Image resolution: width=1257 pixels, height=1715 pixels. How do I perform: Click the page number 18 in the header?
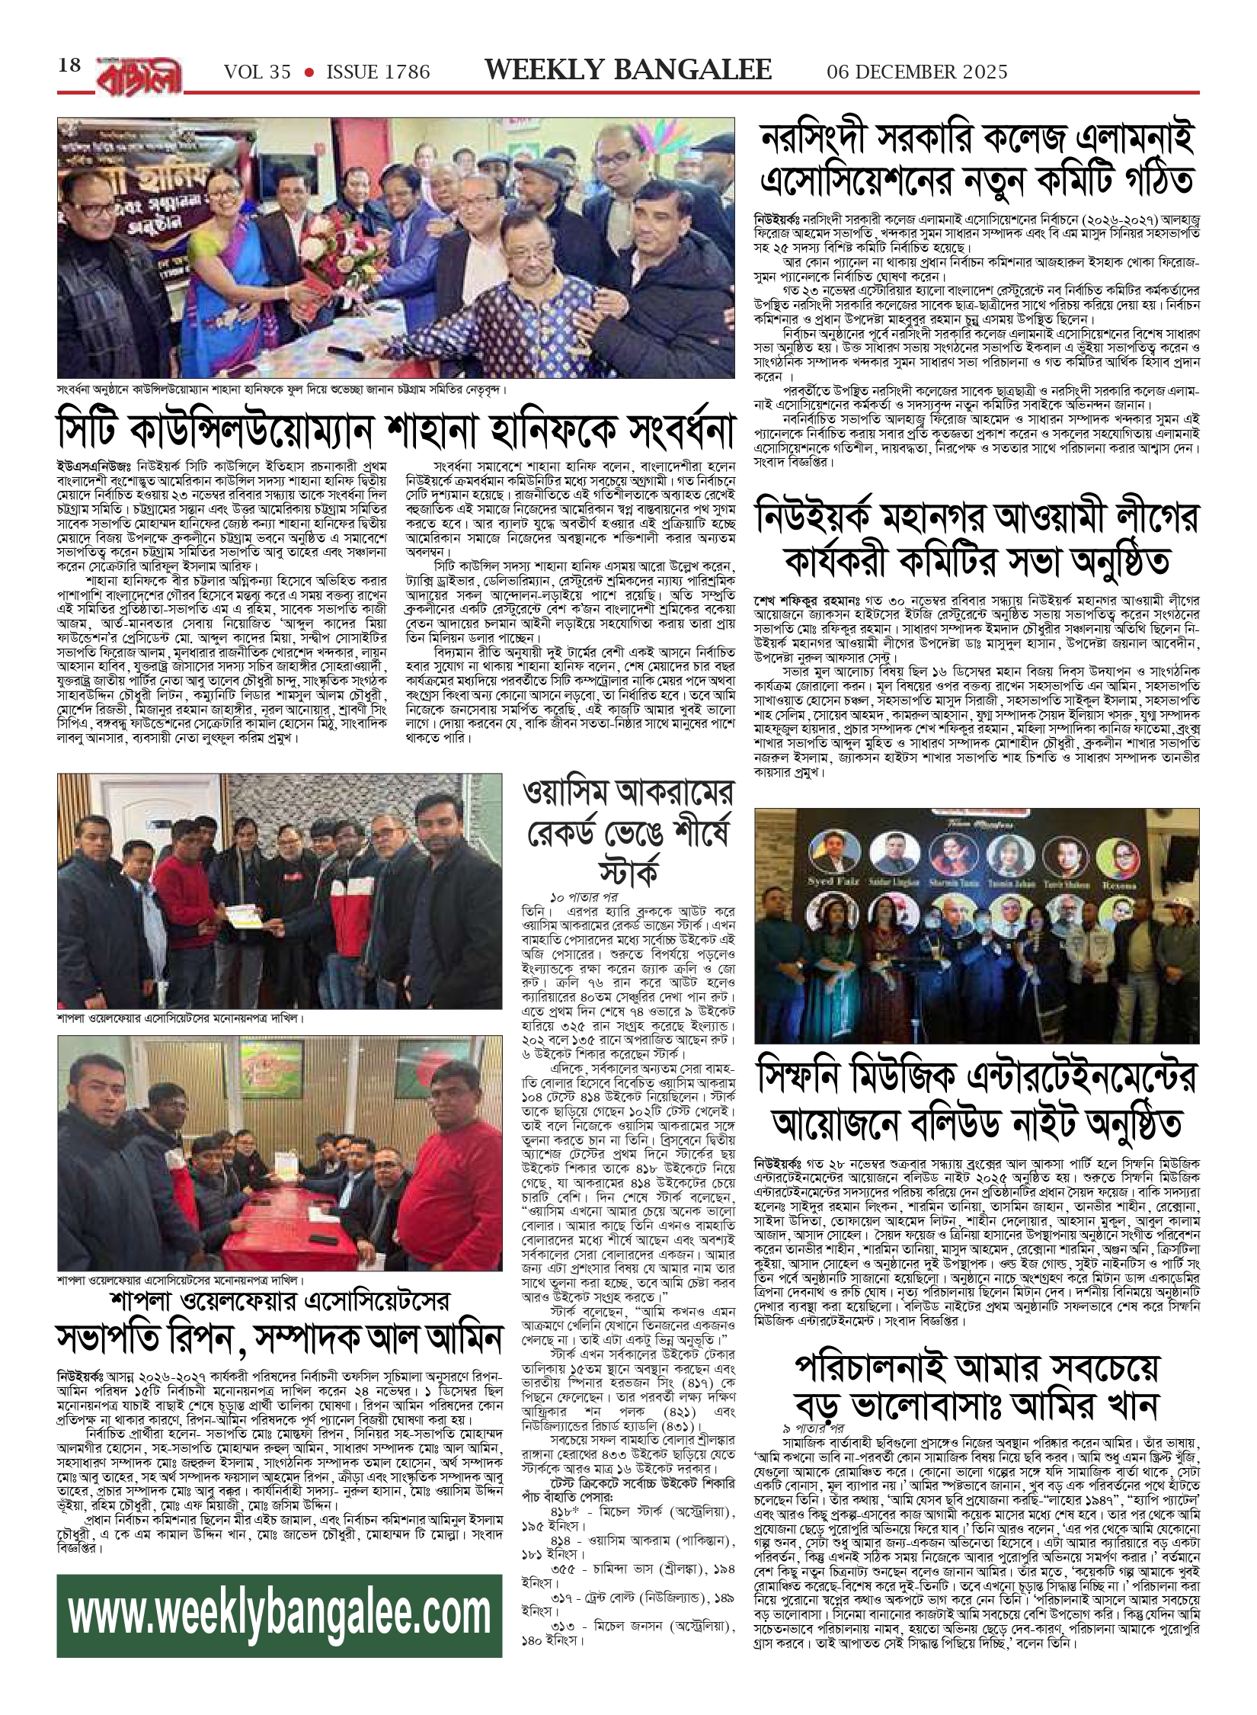[x=69, y=66]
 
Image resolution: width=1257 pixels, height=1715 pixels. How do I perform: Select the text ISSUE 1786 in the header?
[x=378, y=72]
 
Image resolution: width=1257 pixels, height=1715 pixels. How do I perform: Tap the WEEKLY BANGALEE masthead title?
[x=628, y=70]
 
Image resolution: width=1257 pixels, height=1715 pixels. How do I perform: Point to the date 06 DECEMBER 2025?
[x=917, y=72]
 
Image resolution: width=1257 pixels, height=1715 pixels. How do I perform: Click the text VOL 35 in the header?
[x=257, y=72]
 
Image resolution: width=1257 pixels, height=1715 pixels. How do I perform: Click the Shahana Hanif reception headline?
[x=396, y=431]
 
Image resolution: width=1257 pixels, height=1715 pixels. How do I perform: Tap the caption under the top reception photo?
[x=282, y=389]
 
